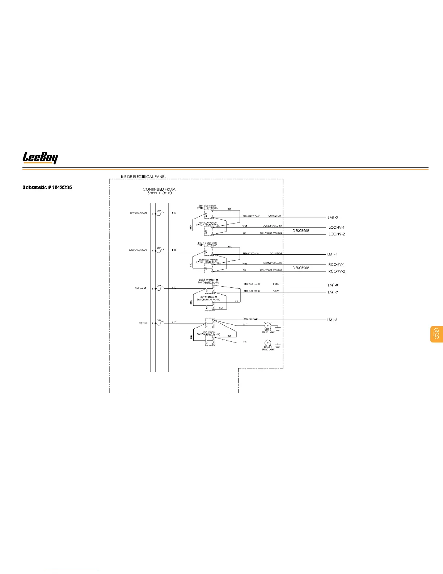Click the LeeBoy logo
coord(40,158)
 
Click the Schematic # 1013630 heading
coord(47,187)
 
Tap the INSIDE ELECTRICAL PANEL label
coord(143,177)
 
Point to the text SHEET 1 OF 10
coord(159,193)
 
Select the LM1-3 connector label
coord(333,217)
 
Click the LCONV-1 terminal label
coord(336,228)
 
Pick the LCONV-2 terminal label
coord(337,234)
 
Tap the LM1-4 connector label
coord(332,254)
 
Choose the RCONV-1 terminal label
coord(337,265)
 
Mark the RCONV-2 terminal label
coord(337,271)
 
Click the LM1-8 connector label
coord(333,285)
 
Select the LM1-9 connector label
coord(333,292)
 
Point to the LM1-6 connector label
coord(332,320)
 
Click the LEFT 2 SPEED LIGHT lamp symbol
coord(268,325)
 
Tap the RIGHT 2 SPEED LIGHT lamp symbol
coord(268,343)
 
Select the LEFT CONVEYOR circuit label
coord(139,213)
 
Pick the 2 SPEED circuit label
coord(143,323)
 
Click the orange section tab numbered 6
coord(436,334)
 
